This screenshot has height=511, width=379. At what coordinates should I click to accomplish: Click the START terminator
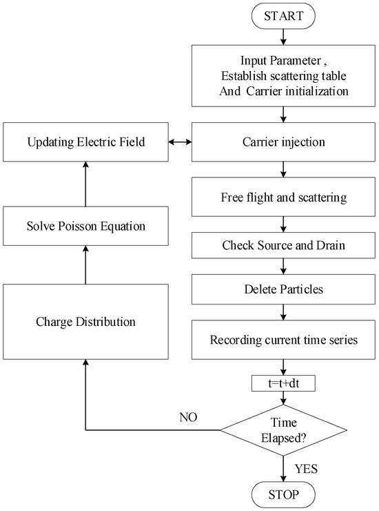284,16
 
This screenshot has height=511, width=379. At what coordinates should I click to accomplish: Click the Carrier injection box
284,143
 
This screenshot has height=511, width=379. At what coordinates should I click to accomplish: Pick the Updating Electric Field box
85,143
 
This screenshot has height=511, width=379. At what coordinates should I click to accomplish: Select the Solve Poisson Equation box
85,227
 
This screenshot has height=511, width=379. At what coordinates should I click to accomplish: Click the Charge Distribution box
85,321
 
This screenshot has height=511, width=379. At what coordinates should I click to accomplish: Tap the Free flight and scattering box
284,197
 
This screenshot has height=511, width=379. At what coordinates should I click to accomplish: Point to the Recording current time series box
284,338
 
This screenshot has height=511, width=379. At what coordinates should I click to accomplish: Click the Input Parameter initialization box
284,75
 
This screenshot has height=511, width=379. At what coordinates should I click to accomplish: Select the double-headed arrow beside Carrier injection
179,143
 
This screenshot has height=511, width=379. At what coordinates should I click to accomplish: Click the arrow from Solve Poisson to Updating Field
85,184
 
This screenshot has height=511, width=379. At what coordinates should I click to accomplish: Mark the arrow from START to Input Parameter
284,36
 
